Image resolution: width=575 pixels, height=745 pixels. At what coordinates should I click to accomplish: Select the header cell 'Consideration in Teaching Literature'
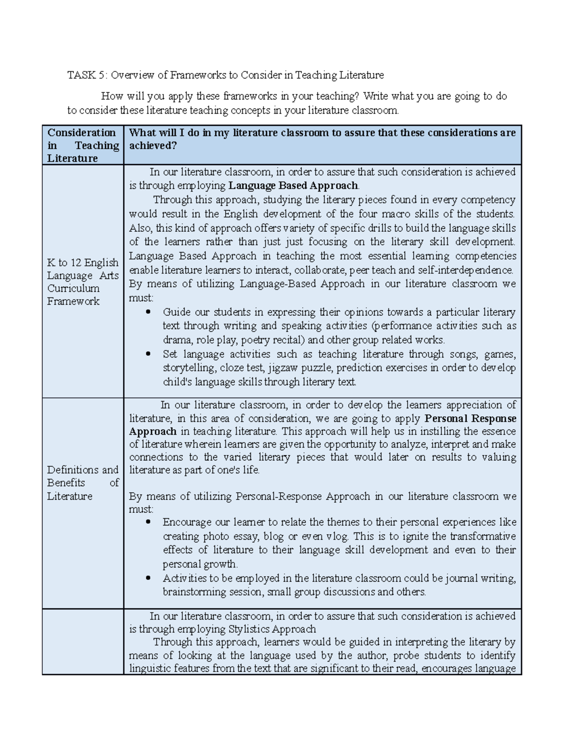point(82,145)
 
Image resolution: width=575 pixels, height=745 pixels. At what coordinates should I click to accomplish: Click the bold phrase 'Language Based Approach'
point(293,186)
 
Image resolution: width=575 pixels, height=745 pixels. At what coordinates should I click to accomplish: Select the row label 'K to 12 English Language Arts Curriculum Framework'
point(82,282)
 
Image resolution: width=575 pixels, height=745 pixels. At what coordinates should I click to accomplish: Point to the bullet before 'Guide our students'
point(149,312)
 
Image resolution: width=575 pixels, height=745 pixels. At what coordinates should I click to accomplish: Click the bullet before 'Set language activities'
point(149,355)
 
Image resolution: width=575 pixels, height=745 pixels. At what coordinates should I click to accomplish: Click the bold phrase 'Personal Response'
point(471,418)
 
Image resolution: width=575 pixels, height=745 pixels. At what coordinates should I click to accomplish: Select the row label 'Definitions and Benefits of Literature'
point(82,483)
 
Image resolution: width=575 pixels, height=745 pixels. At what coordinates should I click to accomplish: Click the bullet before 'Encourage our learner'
point(149,522)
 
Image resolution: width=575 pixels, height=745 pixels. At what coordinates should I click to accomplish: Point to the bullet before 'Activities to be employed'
point(149,579)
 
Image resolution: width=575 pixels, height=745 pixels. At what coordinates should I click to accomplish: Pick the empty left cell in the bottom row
point(82,641)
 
